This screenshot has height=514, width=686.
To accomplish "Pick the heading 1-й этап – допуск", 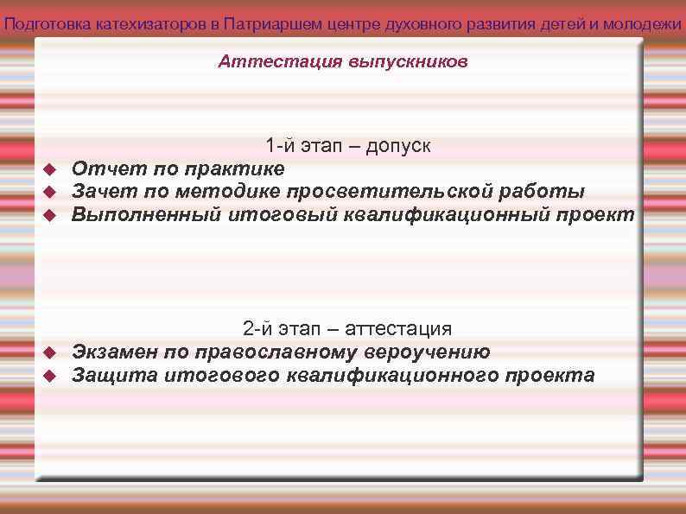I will [x=348, y=146].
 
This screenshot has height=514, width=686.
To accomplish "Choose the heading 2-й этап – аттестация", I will [x=347, y=329].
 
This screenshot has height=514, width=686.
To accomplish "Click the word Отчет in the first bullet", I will [x=98, y=168].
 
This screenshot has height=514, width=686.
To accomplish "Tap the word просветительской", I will [x=408, y=191].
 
